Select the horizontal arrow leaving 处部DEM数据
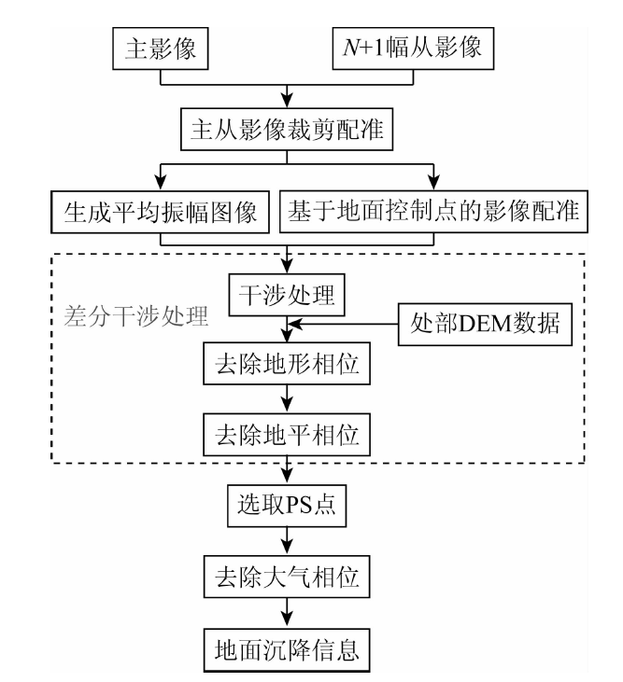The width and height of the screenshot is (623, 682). (x=346, y=325)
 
